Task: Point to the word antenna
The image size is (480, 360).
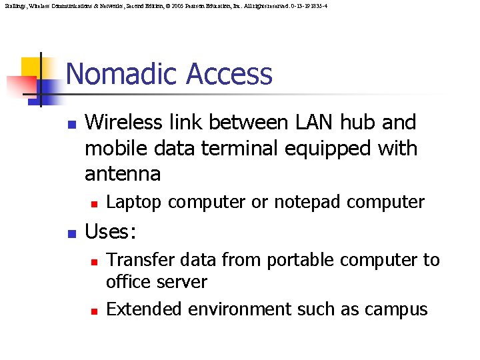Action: [123, 175]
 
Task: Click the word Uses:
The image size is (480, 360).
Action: [111, 232]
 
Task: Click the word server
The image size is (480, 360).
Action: [183, 282]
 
